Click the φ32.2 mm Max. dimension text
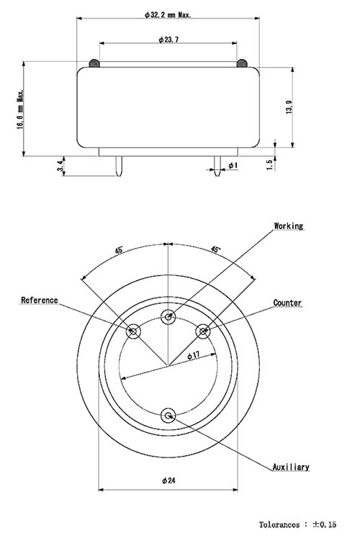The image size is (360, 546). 168,14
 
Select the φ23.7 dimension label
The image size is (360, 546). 168,39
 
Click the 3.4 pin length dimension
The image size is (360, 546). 61,166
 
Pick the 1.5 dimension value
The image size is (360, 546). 269,164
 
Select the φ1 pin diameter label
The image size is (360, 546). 233,166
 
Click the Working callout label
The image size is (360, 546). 288,226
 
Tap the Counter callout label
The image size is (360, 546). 287,303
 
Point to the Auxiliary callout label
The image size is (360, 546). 291,467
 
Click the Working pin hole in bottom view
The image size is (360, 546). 168,316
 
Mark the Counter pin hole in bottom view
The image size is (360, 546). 203,331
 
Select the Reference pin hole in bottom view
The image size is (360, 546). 133,331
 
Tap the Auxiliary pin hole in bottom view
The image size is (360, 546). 168,415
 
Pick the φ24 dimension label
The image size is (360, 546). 168,480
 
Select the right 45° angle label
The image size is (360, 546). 215,249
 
